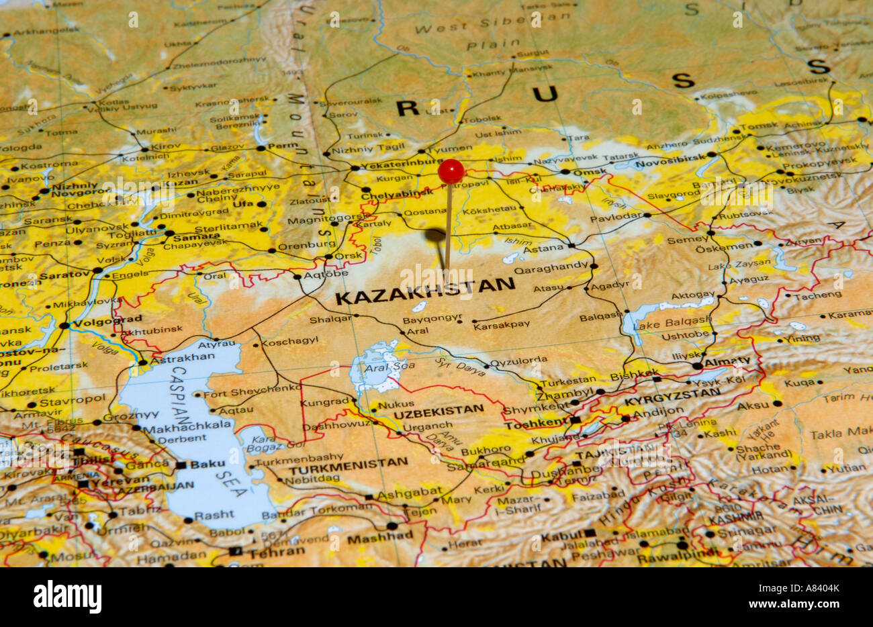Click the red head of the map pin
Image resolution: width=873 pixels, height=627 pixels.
point(451,171)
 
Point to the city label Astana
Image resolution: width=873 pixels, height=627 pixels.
point(544,247)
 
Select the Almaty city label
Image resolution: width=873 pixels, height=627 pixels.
point(727,361)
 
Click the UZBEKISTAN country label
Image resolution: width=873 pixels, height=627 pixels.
point(438,409)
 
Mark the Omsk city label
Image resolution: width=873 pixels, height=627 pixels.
point(593,172)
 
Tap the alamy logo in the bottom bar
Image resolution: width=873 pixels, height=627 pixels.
point(67,597)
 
